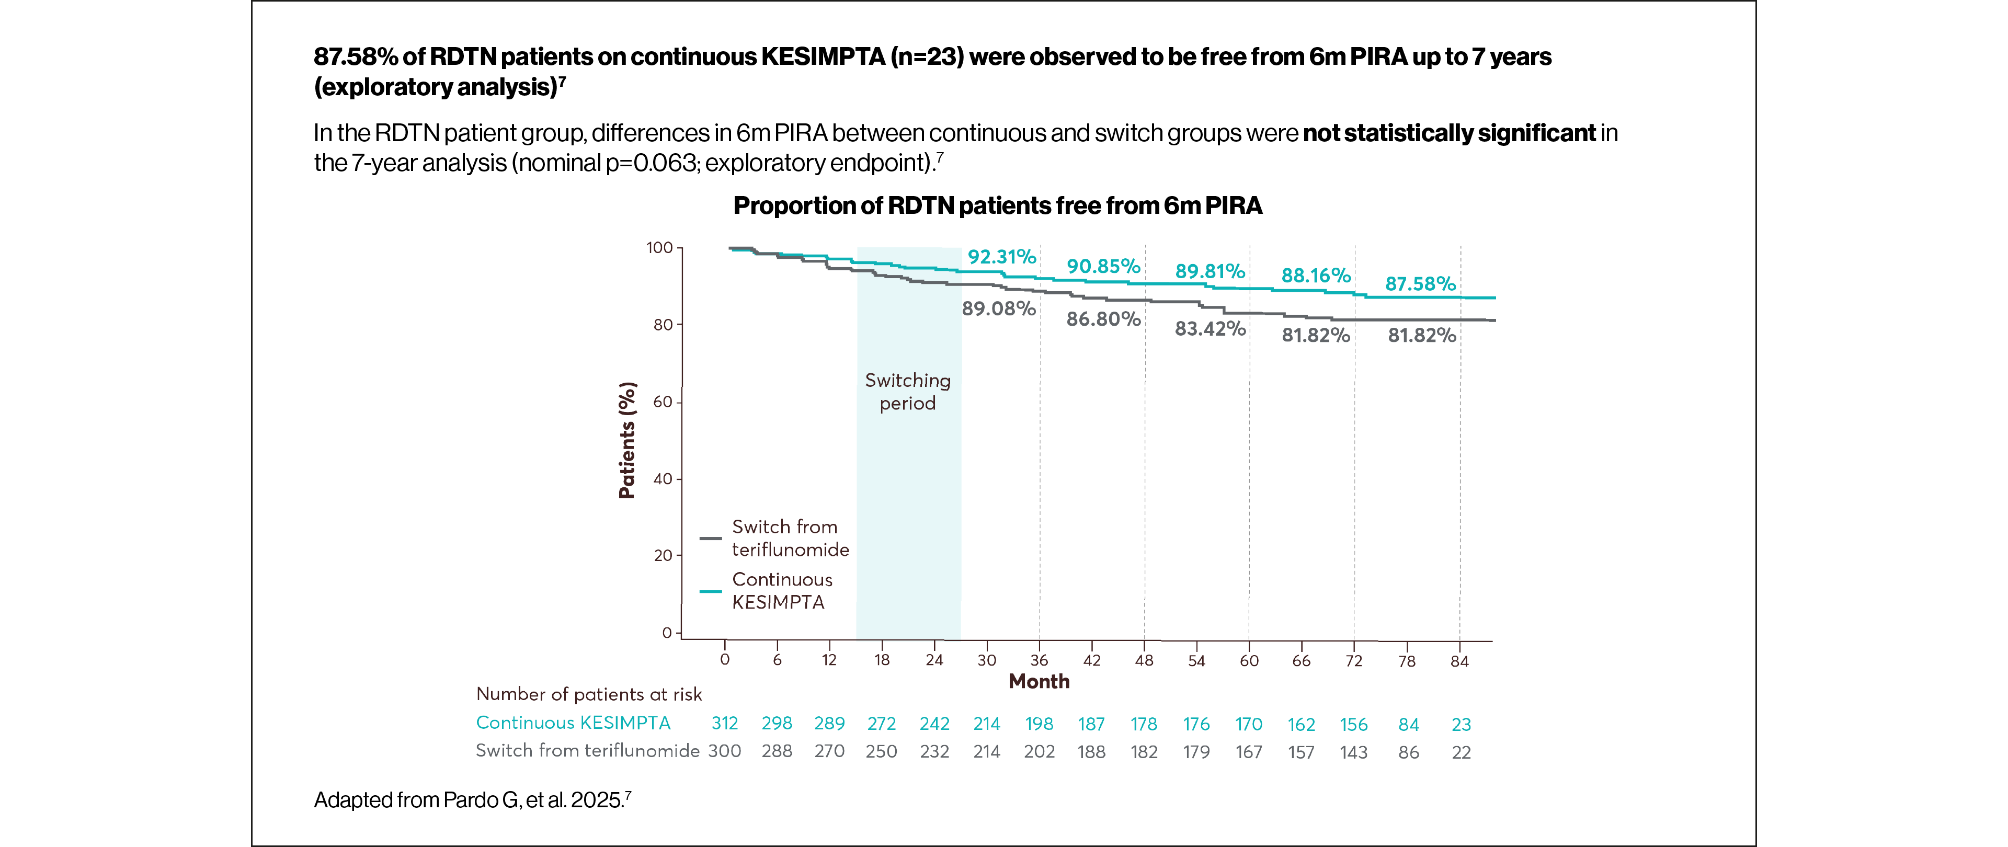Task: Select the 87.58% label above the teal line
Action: pos(1420,283)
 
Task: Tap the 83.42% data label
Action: pos(1210,329)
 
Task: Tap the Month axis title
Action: pos(1039,682)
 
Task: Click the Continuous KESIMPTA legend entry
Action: pos(781,591)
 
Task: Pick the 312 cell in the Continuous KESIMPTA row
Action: pos(724,724)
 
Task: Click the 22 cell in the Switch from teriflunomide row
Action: pos(1461,753)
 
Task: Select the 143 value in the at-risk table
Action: pos(1353,753)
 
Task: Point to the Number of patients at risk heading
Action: pos(588,694)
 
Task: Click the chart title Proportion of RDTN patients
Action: pos(997,205)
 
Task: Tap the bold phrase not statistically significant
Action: pos(1448,133)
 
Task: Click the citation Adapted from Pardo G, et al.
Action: pos(472,800)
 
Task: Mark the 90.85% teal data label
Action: pos(1103,267)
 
